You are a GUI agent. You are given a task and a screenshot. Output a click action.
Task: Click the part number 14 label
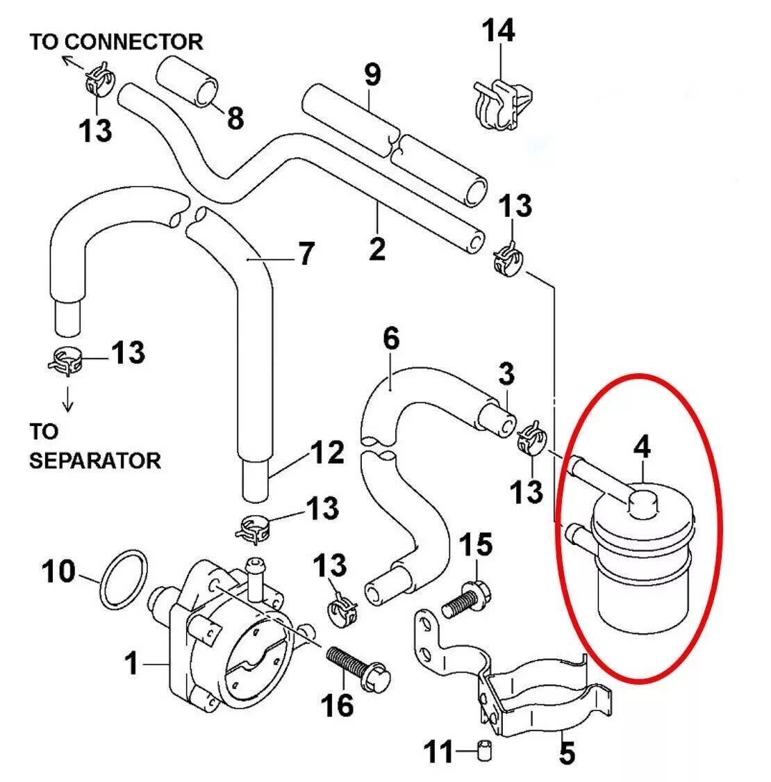(x=499, y=31)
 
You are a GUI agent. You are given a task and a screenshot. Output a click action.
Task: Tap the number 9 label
(x=372, y=74)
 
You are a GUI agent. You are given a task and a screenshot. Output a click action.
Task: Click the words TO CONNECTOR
(x=116, y=42)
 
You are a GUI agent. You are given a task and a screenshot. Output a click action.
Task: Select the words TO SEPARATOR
(x=94, y=446)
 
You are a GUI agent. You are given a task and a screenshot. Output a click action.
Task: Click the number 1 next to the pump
(x=131, y=664)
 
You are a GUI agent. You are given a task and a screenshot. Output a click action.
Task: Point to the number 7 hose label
(x=306, y=254)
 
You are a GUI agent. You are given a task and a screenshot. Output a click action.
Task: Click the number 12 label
(x=327, y=453)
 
